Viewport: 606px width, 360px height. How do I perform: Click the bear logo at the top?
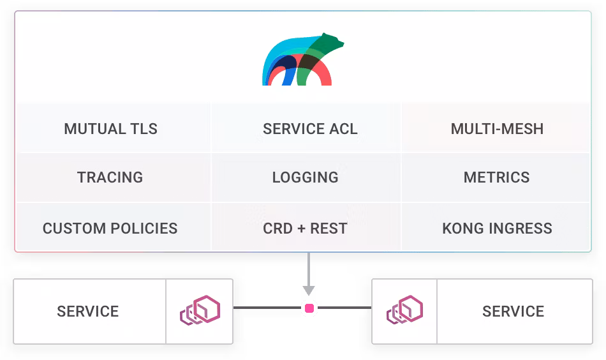(x=301, y=60)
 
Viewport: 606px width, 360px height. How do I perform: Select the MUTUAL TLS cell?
(x=110, y=128)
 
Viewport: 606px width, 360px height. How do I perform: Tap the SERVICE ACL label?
(x=310, y=128)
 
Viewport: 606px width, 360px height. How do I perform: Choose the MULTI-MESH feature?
(x=497, y=128)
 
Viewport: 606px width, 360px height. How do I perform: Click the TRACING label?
(x=110, y=177)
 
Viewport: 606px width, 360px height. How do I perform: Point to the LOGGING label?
(x=305, y=177)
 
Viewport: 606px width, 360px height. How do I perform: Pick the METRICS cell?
(x=496, y=177)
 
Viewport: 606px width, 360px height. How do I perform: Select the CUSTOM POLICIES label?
(x=110, y=228)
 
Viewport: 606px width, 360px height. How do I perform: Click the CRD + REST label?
(x=305, y=228)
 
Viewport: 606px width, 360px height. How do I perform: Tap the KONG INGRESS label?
(x=497, y=228)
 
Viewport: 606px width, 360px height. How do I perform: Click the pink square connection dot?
(x=309, y=308)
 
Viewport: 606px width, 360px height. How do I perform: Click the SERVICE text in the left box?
(x=88, y=311)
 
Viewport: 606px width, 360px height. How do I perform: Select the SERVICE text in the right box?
(x=513, y=311)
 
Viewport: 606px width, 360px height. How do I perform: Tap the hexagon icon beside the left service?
(x=200, y=311)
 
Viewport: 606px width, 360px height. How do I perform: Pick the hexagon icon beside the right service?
(x=405, y=311)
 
